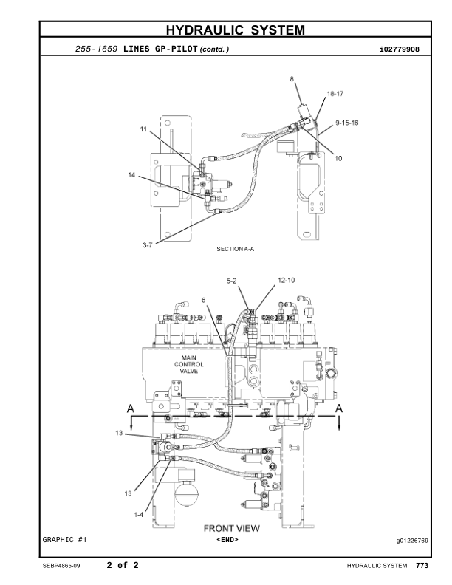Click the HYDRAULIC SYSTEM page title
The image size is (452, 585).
coord(235,30)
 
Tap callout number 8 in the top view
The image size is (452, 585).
coord(292,78)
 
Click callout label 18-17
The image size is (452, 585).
coord(335,95)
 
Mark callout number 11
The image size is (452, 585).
coord(144,129)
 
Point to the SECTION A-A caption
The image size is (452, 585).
coord(235,249)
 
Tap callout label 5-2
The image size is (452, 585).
coord(231,281)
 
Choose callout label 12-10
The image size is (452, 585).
coord(287,281)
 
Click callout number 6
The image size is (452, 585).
coord(204,299)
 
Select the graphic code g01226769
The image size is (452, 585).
coord(411,540)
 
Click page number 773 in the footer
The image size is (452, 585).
coord(422,566)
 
